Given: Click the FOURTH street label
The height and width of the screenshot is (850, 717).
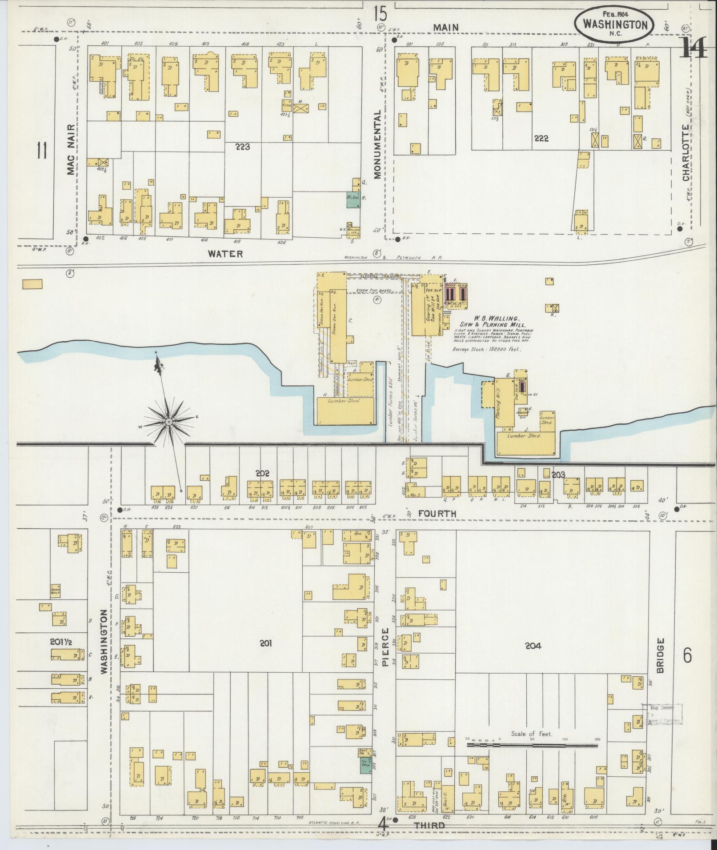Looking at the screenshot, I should [x=437, y=514].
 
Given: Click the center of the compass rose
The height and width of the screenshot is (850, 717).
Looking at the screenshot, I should [x=169, y=421].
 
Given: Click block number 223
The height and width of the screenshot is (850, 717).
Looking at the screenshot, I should [x=243, y=146].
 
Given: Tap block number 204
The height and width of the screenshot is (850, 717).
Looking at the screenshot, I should [x=533, y=646].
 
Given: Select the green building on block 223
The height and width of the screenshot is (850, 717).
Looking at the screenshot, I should [x=352, y=200].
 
